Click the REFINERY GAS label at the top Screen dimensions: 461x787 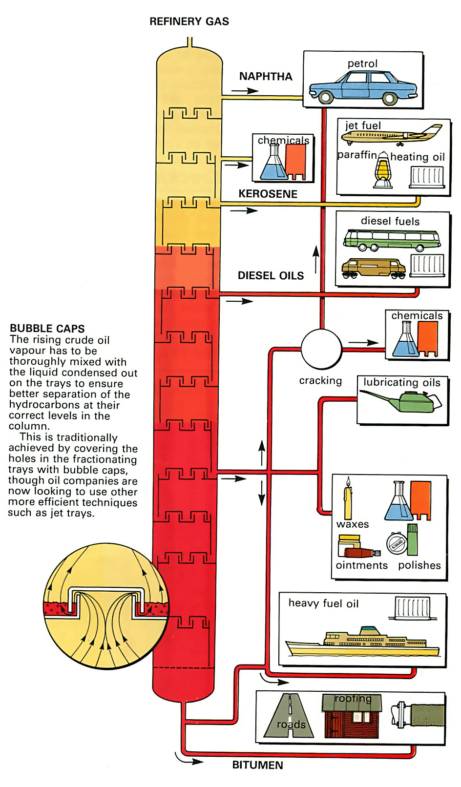pyautogui.click(x=189, y=21)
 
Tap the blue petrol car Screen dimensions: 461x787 pyautogui.click(x=363, y=88)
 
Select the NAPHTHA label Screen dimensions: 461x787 pyautogui.click(x=266, y=76)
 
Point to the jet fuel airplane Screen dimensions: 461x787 pyautogui.click(x=392, y=135)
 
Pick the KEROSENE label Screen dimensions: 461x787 pyautogui.click(x=268, y=194)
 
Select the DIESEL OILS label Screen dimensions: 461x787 pyautogui.click(x=271, y=275)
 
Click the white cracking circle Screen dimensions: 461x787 pyautogui.click(x=321, y=349)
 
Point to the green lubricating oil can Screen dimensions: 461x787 pyautogui.click(x=400, y=402)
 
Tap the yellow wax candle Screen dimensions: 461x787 pyautogui.click(x=348, y=498)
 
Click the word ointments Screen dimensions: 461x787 pyautogui.click(x=361, y=565)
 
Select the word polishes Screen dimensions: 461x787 pyautogui.click(x=419, y=565)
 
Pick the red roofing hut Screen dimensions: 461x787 pyautogui.click(x=352, y=716)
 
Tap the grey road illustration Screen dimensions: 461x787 pyautogui.click(x=289, y=716)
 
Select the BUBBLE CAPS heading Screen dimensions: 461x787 pyautogui.click(x=47, y=329)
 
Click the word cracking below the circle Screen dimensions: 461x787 pyautogui.click(x=320, y=381)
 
